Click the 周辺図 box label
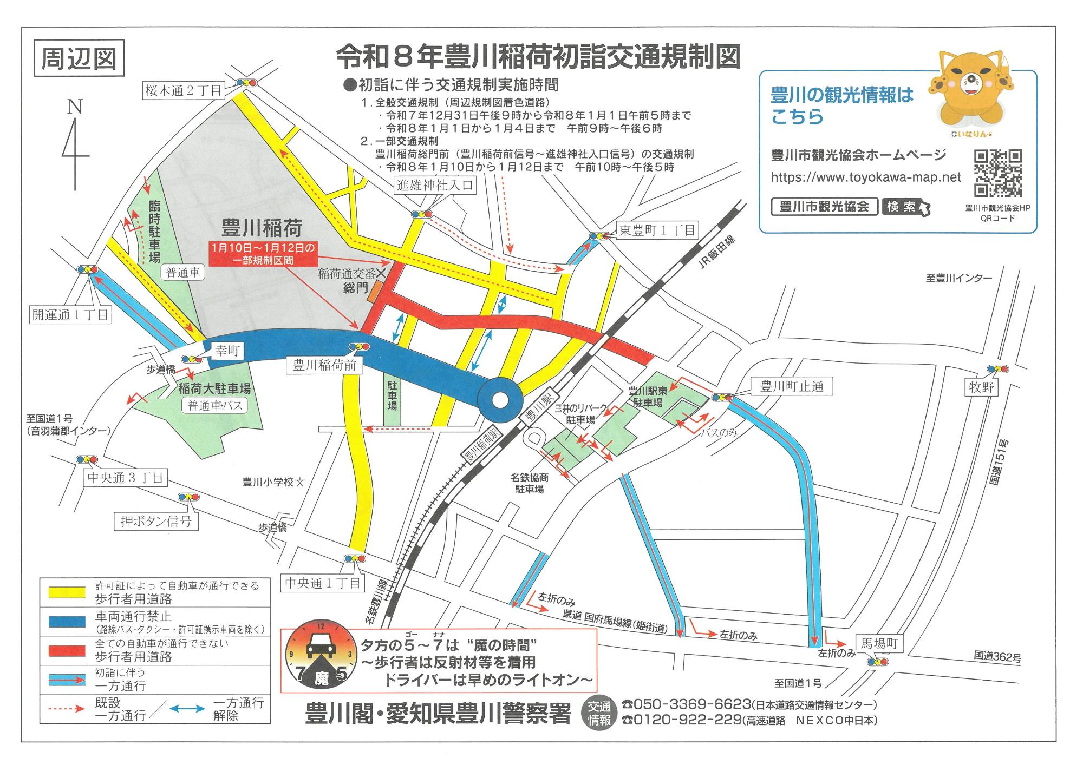pos(79,58)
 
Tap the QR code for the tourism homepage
pos(998,173)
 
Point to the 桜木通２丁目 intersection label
pos(184,90)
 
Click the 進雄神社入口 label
pos(435,185)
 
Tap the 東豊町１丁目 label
pos(657,230)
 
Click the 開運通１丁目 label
pos(70,315)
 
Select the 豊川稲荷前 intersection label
pos(325,365)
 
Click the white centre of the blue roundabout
pos(500,401)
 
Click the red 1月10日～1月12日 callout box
pos(263,254)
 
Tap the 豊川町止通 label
pos(792,386)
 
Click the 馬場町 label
pos(880,643)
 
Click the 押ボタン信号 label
pos(156,522)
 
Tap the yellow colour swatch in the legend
pos(67,592)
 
